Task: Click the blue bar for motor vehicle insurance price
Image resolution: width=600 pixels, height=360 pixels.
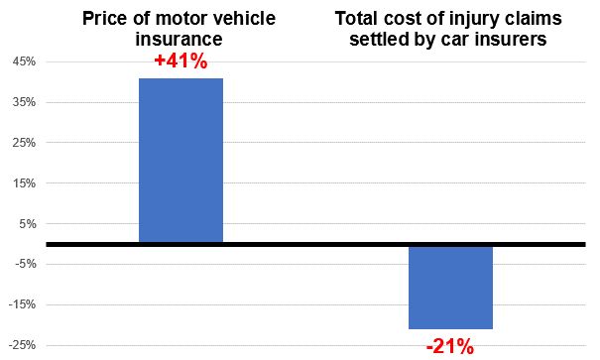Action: pyautogui.click(x=180, y=161)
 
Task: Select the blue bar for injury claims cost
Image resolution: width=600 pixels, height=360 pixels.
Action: pyautogui.click(x=450, y=287)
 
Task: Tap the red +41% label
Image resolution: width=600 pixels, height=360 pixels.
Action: pyautogui.click(x=180, y=61)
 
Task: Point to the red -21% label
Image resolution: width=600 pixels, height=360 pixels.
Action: pyautogui.click(x=450, y=346)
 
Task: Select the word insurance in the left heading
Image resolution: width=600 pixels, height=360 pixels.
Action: pyautogui.click(x=180, y=39)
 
